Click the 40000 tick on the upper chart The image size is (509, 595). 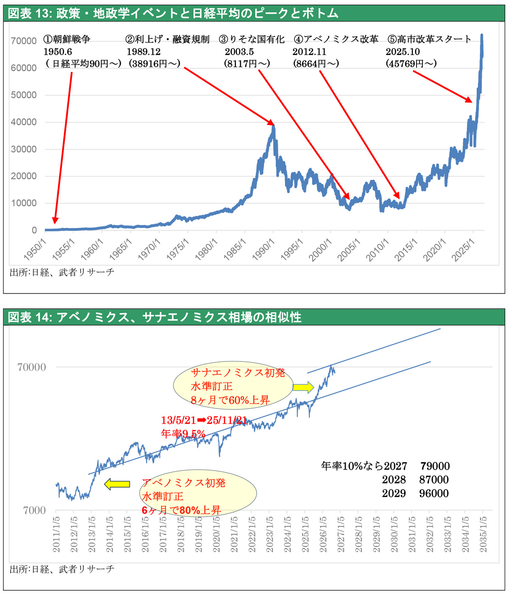point(24,122)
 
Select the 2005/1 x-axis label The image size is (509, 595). point(349,249)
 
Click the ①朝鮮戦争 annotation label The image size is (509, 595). point(67,39)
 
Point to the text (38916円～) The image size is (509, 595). point(154,63)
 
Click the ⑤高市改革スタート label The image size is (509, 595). point(429,39)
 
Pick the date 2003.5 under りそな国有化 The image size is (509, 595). point(239,52)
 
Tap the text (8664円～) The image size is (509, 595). point(316,63)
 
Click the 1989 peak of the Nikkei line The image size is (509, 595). point(273,126)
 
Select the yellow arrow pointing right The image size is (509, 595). point(303,387)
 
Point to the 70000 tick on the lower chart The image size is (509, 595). point(32,367)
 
